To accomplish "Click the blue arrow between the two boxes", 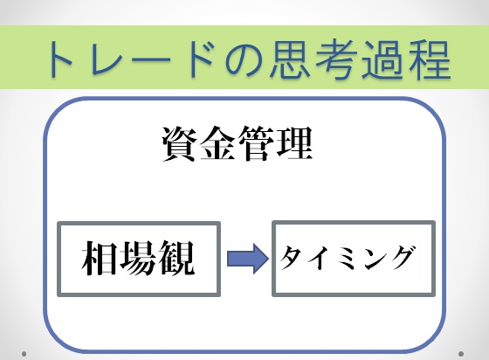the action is pyautogui.click(x=248, y=259).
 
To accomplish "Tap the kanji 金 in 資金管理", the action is pyautogui.click(x=217, y=144).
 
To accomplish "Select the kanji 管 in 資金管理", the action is pyautogui.click(x=257, y=144).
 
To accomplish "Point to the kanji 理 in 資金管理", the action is pyautogui.click(x=293, y=144).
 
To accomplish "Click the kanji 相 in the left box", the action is pyautogui.click(x=100, y=258).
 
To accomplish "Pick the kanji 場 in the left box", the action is pyautogui.click(x=138, y=258).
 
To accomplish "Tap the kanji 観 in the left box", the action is pyautogui.click(x=176, y=258).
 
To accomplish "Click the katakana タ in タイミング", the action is pyautogui.click(x=293, y=258).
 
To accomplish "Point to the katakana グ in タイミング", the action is pyautogui.click(x=403, y=258).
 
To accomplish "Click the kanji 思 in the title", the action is pyautogui.click(x=289, y=59).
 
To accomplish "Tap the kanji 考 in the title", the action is pyautogui.click(x=336, y=59).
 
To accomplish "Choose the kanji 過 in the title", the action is pyautogui.click(x=383, y=59).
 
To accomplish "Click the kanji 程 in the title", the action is pyautogui.click(x=430, y=59).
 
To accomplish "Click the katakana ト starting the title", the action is pyautogui.click(x=61, y=59).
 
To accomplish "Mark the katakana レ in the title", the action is pyautogui.click(x=107, y=59).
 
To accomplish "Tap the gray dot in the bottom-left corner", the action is pyautogui.click(x=24, y=354).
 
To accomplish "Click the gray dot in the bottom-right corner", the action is pyautogui.click(x=461, y=354).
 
